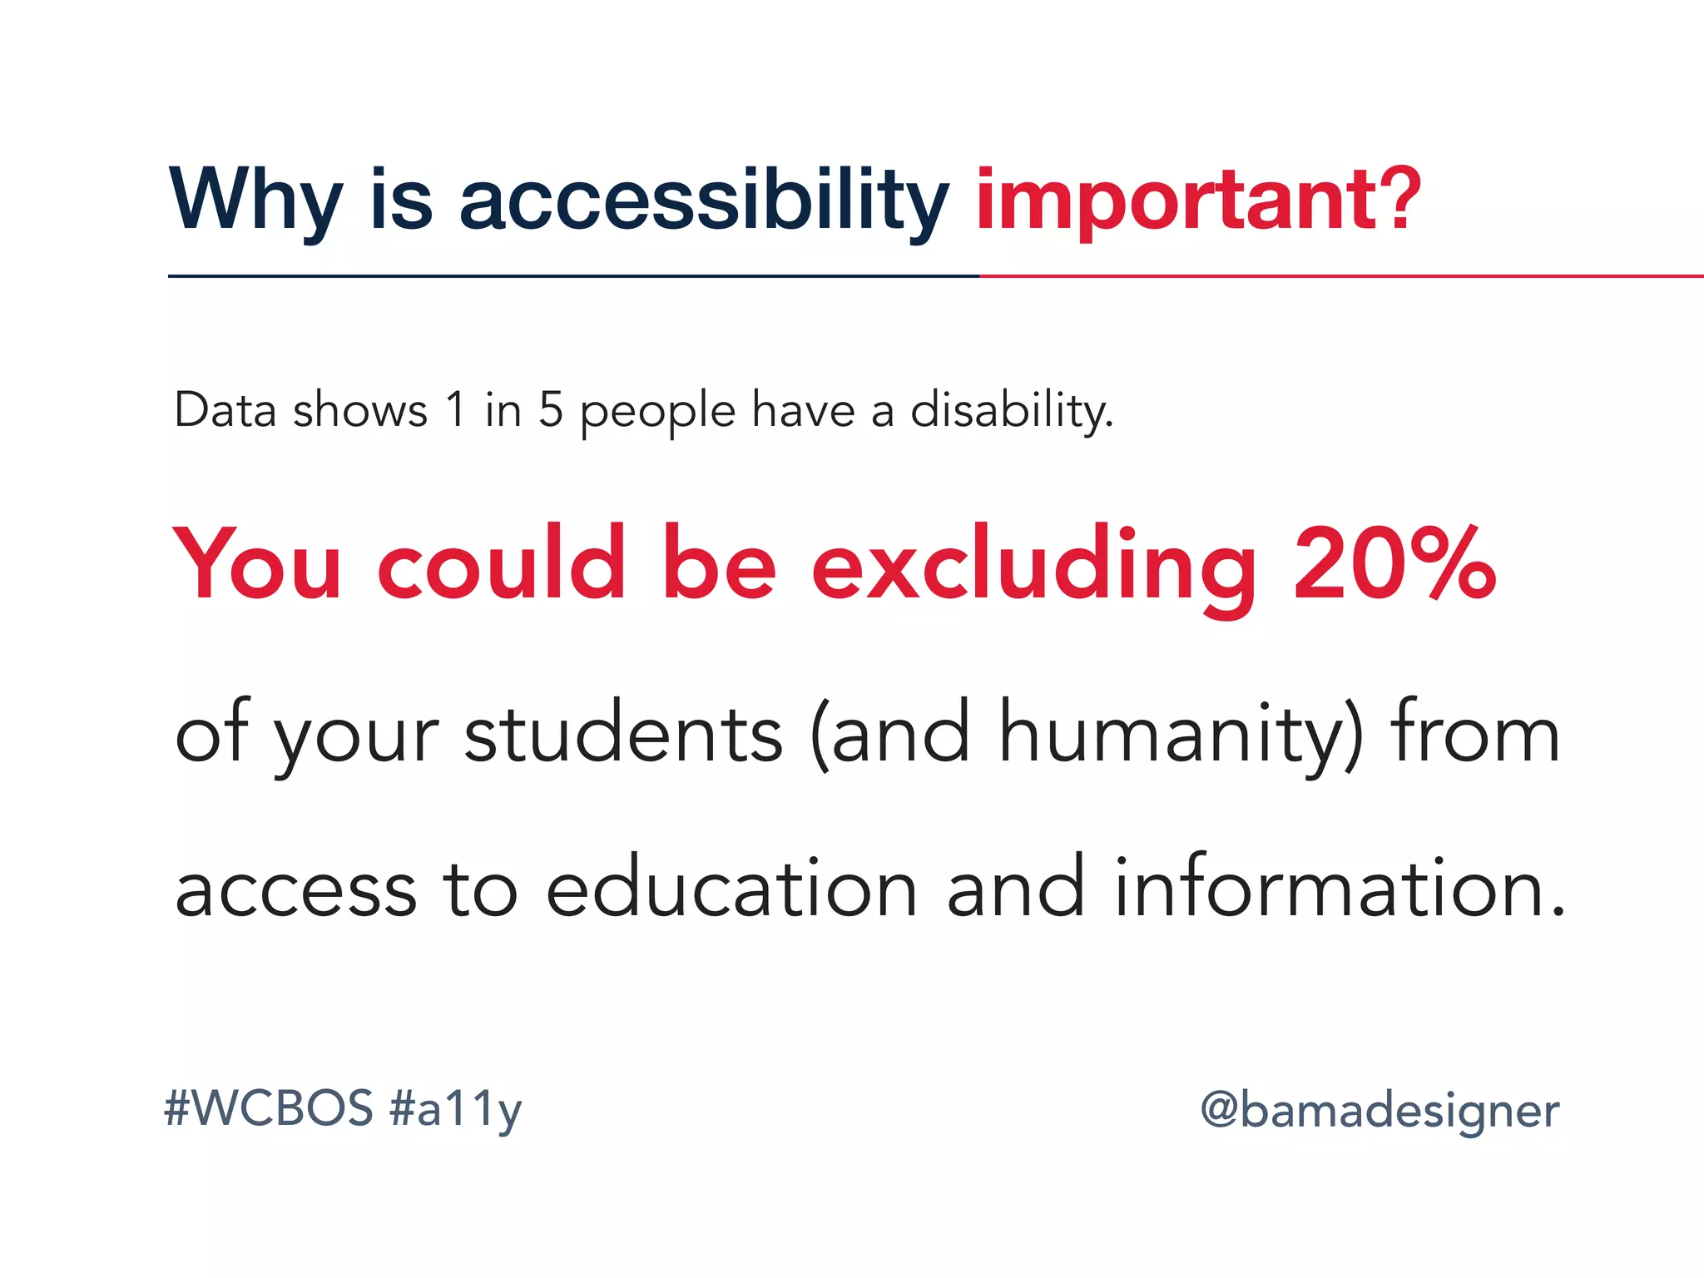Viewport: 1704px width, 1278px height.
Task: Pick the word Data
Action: [225, 410]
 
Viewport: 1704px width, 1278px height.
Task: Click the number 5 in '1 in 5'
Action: [551, 410]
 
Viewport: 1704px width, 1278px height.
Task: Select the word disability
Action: [1011, 410]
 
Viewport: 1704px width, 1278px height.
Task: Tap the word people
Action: [657, 412]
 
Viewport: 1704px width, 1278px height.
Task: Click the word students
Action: [623, 733]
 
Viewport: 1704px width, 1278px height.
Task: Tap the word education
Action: [731, 888]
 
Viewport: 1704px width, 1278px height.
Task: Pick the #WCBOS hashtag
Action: [269, 1108]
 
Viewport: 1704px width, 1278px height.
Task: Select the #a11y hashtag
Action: [455, 1110]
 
